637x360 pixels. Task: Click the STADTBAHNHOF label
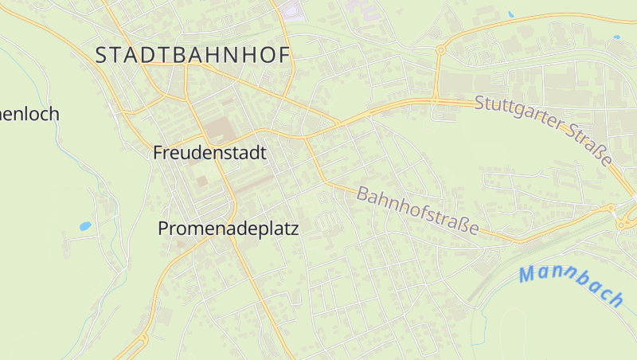(193, 55)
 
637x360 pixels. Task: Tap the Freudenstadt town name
(209, 153)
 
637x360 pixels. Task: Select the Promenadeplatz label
(228, 229)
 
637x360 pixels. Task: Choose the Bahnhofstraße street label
(418, 211)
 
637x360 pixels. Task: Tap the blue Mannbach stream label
(571, 285)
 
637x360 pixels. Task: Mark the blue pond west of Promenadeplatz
(84, 226)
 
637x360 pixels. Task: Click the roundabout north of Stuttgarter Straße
(440, 49)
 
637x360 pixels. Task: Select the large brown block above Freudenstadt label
(218, 129)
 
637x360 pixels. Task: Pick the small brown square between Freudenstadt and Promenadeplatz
(201, 181)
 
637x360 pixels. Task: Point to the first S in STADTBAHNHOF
(101, 55)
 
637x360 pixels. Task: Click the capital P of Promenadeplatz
(163, 229)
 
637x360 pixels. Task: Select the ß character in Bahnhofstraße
(462, 225)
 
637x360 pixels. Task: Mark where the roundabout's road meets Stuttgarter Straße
(435, 100)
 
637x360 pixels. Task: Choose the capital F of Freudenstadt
(158, 153)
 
